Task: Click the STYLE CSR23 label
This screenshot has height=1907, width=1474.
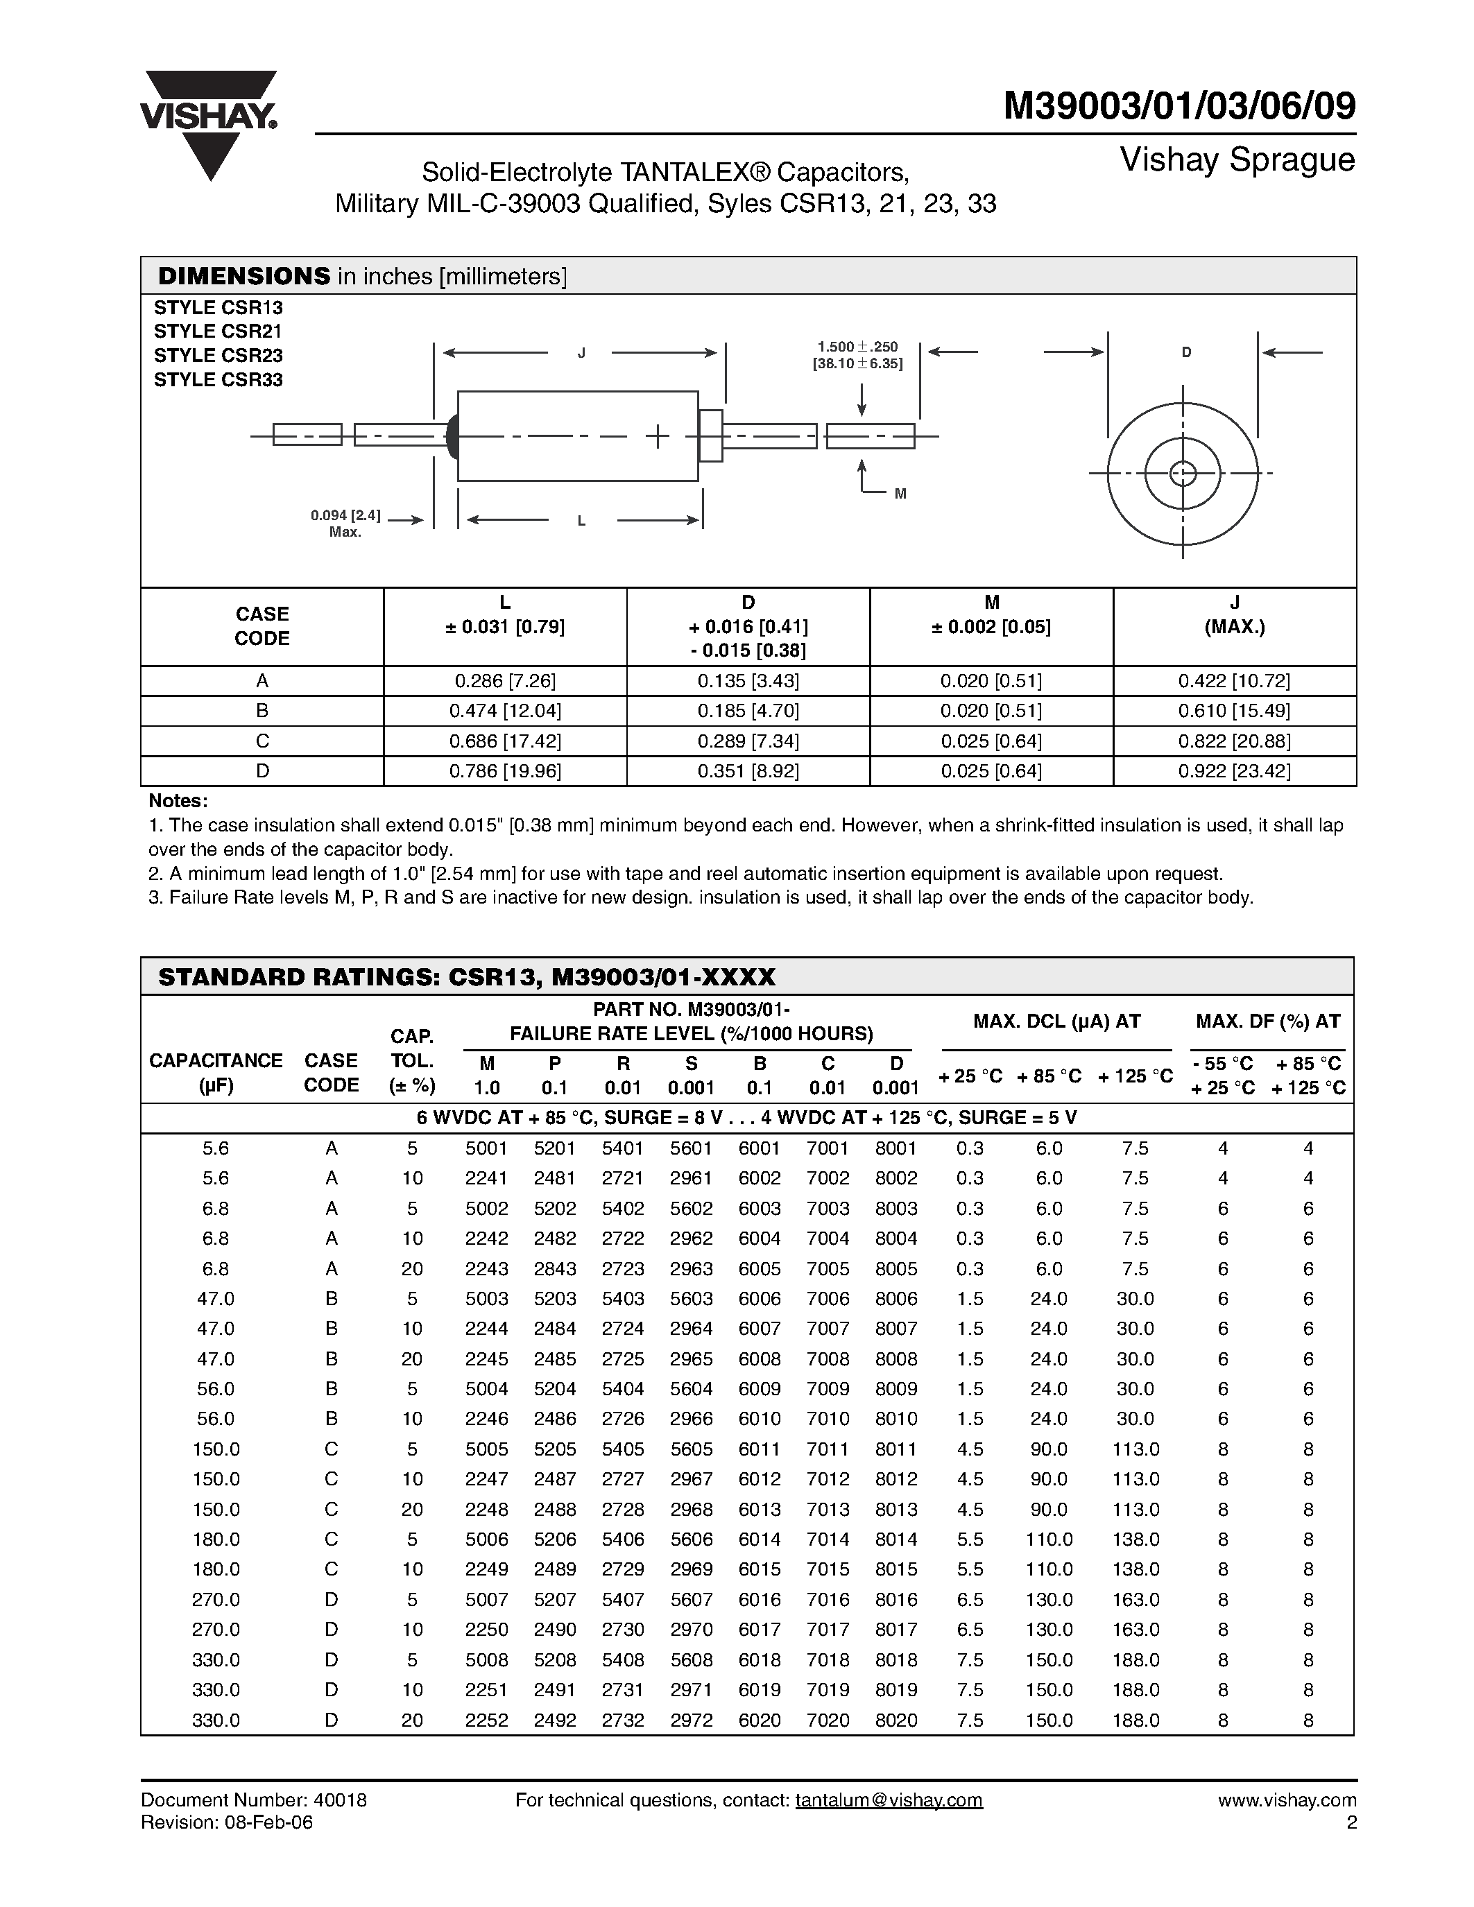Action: [x=218, y=355]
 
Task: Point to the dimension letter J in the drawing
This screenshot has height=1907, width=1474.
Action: [x=581, y=353]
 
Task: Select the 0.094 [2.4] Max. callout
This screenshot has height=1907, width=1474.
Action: [x=346, y=523]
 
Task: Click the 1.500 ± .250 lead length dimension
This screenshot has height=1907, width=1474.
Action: [x=857, y=354]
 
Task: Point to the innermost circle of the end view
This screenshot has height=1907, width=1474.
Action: [x=1183, y=473]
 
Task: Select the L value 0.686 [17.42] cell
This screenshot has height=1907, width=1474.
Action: [x=505, y=741]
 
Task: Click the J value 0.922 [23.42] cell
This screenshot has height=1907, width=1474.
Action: [x=1234, y=771]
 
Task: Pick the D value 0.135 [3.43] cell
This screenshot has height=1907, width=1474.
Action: [x=748, y=681]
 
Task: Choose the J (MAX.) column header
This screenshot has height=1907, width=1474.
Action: [x=1234, y=614]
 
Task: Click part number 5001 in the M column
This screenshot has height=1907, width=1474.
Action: [x=486, y=1149]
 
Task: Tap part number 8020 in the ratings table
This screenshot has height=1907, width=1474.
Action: [x=896, y=1720]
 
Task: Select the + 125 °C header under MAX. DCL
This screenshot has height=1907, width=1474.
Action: [x=1136, y=1076]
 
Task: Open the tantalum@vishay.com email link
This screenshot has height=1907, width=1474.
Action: [x=889, y=1800]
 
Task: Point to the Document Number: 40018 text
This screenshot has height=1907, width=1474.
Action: [x=253, y=1800]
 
